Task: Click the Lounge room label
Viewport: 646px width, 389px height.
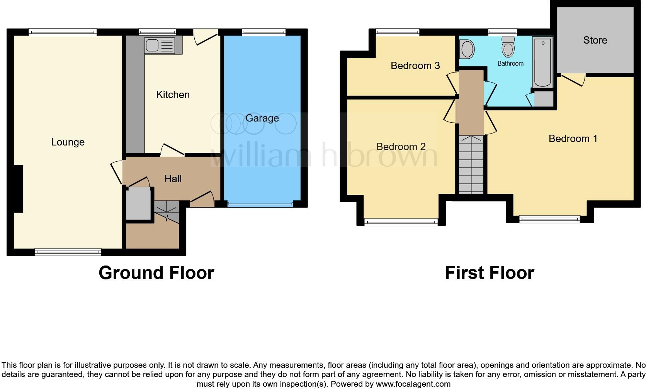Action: pyautogui.click(x=68, y=142)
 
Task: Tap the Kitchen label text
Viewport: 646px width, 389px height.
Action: pyautogui.click(x=173, y=95)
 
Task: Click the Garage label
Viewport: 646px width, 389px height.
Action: pyautogui.click(x=262, y=118)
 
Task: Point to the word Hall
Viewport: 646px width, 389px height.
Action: pyautogui.click(x=173, y=179)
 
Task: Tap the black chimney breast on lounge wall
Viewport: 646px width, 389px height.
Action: pyautogui.click(x=18, y=189)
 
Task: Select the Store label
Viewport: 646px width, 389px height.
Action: pyautogui.click(x=595, y=40)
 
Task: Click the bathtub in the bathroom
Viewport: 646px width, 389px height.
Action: pyautogui.click(x=542, y=62)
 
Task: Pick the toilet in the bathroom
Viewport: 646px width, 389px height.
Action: pyautogui.click(x=508, y=47)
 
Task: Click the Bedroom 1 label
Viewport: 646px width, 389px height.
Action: pyautogui.click(x=573, y=139)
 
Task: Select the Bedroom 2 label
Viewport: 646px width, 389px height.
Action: pyautogui.click(x=401, y=147)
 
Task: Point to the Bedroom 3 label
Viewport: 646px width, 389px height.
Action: pyautogui.click(x=415, y=66)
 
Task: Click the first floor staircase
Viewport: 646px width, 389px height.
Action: pyautogui.click(x=471, y=165)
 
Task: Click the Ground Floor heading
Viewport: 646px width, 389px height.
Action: pyautogui.click(x=156, y=273)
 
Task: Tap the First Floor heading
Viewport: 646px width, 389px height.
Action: pyautogui.click(x=489, y=273)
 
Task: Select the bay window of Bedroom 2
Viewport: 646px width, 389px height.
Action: pyautogui.click(x=401, y=222)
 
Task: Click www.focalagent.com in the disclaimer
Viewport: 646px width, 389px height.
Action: pyautogui.click(x=413, y=384)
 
